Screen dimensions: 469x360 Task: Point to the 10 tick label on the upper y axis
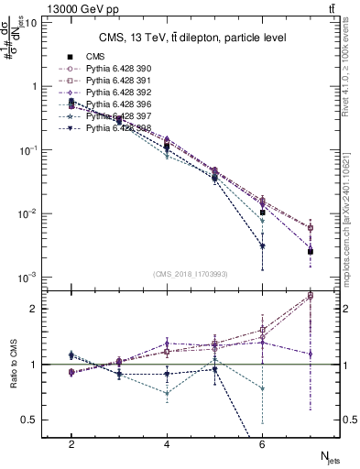click(29, 22)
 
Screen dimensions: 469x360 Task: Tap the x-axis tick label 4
click(167, 444)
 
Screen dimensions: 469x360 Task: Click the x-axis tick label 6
click(262, 444)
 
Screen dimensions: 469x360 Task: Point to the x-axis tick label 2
click(71, 444)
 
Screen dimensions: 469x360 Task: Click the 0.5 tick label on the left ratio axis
click(29, 420)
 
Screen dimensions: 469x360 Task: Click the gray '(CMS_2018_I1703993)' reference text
click(190, 274)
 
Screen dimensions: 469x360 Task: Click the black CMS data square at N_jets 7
click(311, 251)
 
